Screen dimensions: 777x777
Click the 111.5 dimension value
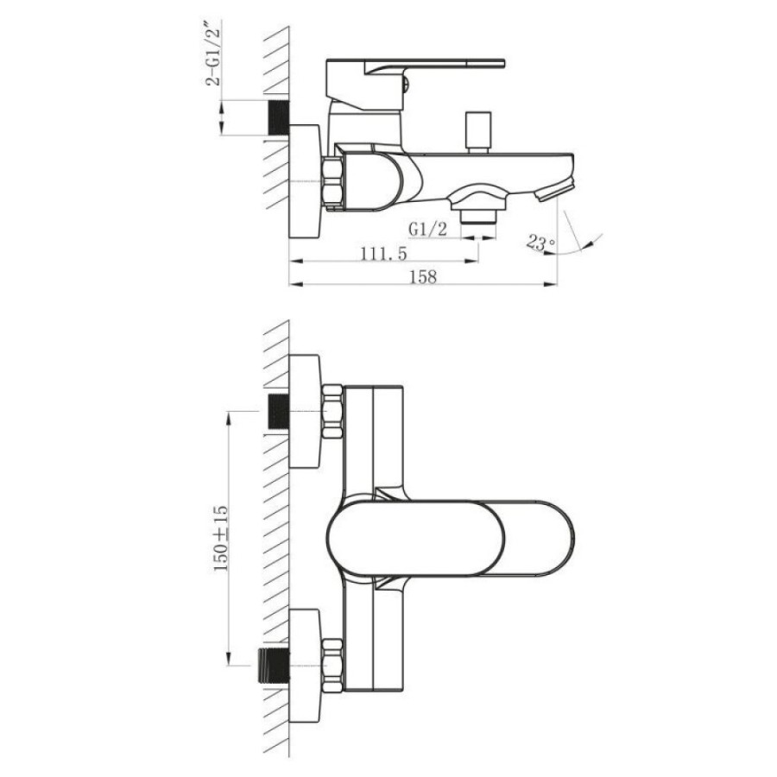[x=383, y=254]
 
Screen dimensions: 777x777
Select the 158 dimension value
[x=423, y=276]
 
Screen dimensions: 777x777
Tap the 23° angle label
[x=541, y=243]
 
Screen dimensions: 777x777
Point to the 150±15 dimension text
[x=221, y=538]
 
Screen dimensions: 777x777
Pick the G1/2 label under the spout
[x=427, y=229]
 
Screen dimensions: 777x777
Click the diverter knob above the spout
[x=477, y=132]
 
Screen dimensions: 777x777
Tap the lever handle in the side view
[x=414, y=85]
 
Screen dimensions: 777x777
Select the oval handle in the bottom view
[x=451, y=539]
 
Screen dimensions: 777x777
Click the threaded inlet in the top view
[x=278, y=118]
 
